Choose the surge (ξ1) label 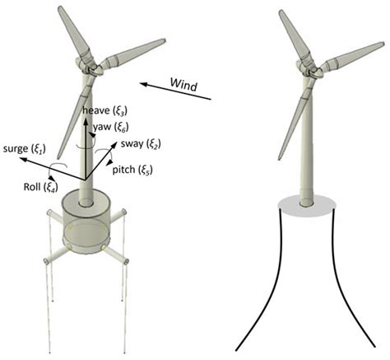point(27,147)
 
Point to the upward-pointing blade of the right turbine point(289,37)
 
